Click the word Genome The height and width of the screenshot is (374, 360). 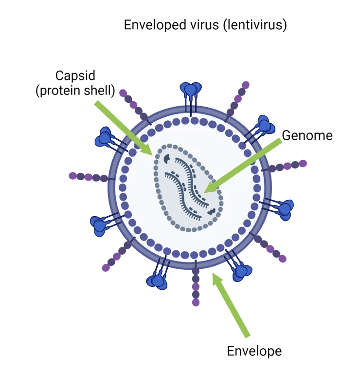(x=307, y=135)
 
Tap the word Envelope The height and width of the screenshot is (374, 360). (x=254, y=351)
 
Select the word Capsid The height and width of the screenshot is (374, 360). (x=75, y=76)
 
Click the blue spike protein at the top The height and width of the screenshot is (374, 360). (x=191, y=90)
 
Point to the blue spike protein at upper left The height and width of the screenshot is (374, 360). (x=106, y=137)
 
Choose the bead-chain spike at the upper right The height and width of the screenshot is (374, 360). (x=238, y=97)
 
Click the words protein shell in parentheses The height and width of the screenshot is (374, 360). (x=75, y=91)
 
